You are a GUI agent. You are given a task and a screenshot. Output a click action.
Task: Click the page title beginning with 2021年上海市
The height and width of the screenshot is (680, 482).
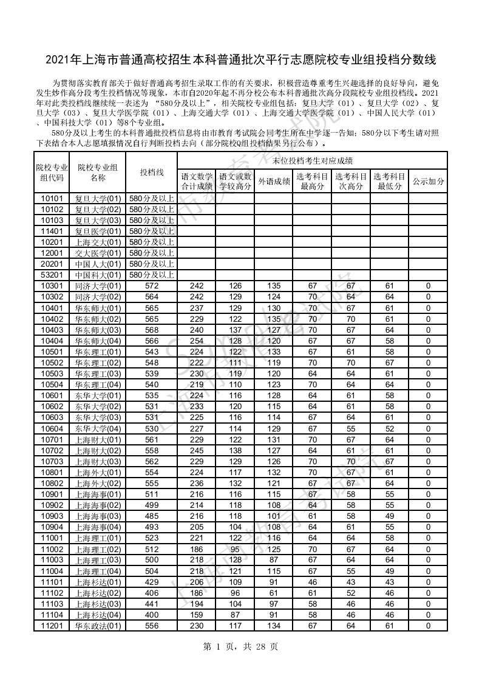(x=241, y=60)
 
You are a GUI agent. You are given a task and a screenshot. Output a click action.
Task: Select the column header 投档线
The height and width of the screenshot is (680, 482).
(x=152, y=172)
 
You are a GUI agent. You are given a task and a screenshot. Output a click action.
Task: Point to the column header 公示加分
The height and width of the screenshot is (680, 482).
(x=428, y=181)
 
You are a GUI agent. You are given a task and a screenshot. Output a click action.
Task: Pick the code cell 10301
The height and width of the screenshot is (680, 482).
(x=52, y=286)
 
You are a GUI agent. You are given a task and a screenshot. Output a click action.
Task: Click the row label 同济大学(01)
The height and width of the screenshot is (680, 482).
(x=98, y=286)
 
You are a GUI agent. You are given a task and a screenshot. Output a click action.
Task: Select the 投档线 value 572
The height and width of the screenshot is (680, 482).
(x=152, y=286)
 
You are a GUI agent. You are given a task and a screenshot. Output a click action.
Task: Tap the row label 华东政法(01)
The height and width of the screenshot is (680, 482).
(x=98, y=626)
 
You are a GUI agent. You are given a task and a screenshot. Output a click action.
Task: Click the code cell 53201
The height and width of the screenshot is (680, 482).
(x=52, y=275)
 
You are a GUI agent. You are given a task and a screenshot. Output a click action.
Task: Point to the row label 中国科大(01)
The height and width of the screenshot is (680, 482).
(x=98, y=275)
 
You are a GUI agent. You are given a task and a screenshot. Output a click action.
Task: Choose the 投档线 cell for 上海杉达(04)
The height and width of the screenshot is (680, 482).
(x=152, y=615)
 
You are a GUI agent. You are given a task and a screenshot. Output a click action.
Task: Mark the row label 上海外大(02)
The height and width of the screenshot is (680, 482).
(x=98, y=484)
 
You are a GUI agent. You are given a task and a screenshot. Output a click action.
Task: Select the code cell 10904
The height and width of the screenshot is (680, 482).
(x=52, y=527)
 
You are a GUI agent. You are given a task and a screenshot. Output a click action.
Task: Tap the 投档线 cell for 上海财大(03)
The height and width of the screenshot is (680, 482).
(x=152, y=461)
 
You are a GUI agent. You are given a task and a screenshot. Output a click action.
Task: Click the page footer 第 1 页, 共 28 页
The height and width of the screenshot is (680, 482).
(x=241, y=647)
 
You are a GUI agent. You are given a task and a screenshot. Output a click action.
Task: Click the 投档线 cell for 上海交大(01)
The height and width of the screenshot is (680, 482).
(x=152, y=242)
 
